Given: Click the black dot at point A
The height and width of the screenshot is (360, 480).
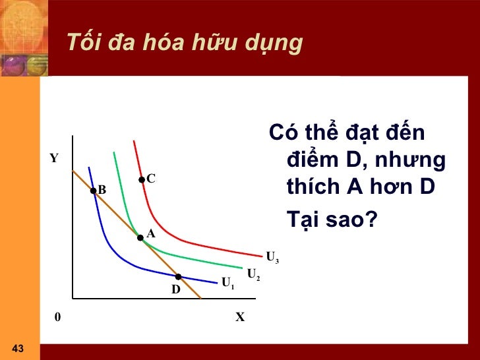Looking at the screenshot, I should click(140, 237).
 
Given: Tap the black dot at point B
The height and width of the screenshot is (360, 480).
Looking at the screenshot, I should click(94, 191).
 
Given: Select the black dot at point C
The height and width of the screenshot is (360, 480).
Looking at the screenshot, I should click(142, 179).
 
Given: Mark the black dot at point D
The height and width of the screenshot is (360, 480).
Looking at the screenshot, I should click(178, 277).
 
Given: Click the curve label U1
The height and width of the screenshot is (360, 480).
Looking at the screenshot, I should click(228, 284).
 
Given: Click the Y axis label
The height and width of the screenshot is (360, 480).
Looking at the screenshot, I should click(53, 159).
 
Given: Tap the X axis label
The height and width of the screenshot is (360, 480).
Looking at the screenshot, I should click(240, 317).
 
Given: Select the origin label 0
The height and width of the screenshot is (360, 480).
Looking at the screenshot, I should click(57, 317).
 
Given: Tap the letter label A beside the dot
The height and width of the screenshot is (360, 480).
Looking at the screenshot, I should click(151, 233).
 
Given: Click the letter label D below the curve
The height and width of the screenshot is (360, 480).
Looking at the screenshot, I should click(176, 289).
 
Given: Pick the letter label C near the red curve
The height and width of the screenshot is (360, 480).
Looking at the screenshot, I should click(151, 179).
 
